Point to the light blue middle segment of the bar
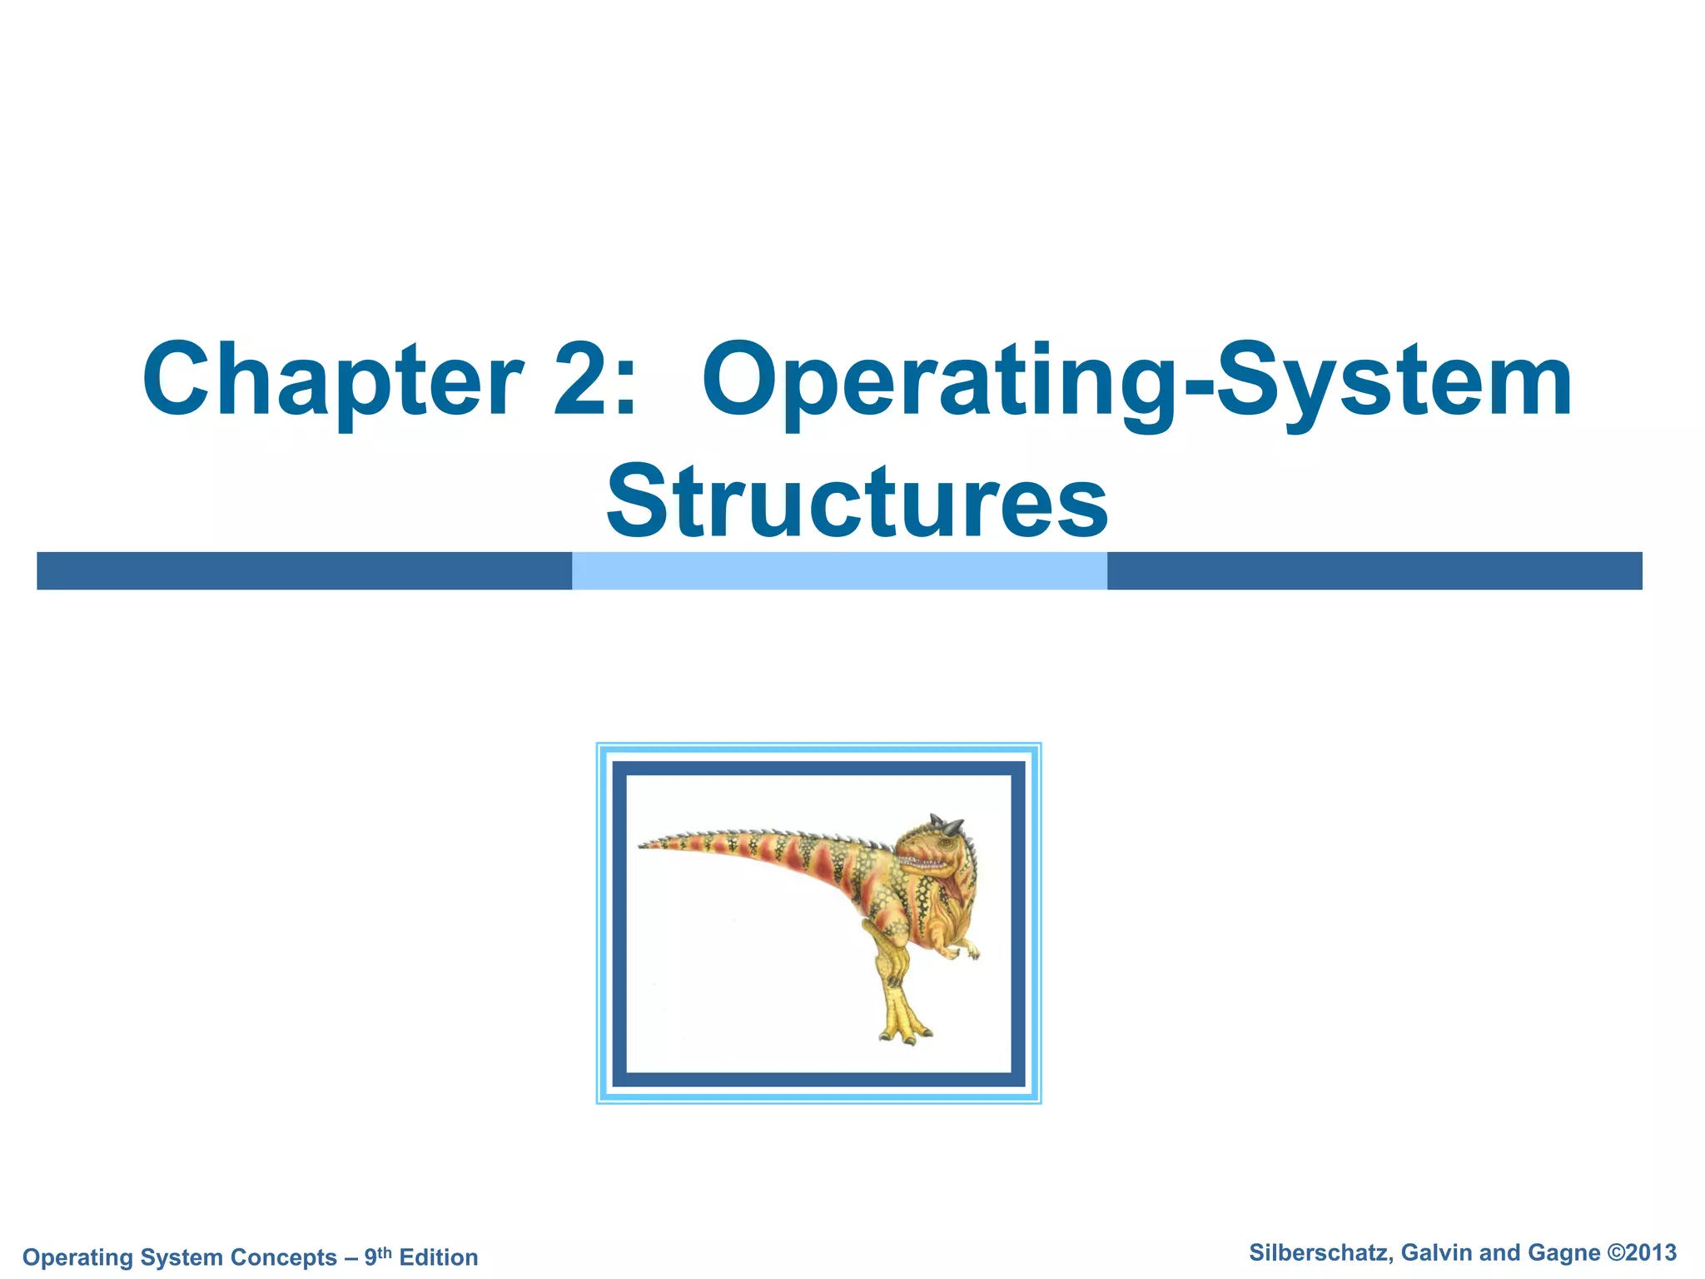pos(839,570)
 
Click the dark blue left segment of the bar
pos(304,570)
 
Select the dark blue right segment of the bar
pos(1374,570)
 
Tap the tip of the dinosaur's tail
pos(644,846)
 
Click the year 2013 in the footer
pos(1651,1252)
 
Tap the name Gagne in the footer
pos(1564,1252)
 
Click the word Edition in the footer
pos(439,1257)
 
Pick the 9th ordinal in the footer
pos(377,1256)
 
